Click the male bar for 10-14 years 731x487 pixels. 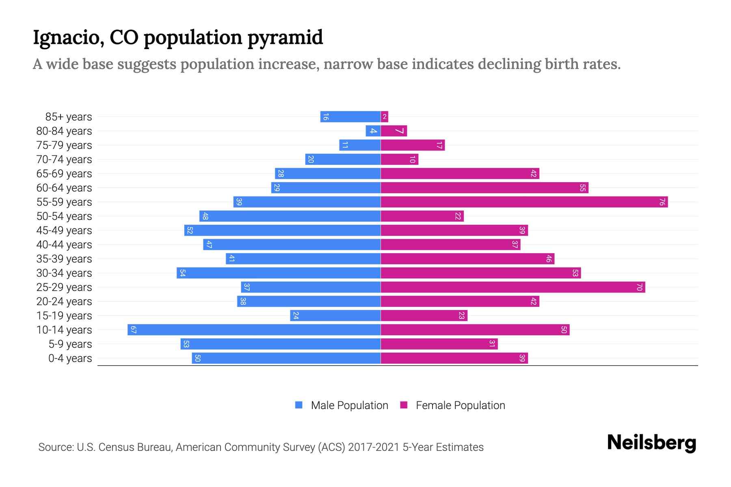coord(254,330)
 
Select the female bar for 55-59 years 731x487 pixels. coord(524,202)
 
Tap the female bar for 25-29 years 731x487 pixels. coord(513,287)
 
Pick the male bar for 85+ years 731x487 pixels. coord(350,116)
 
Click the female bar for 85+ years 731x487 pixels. coord(385,116)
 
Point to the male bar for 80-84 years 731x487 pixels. coord(373,131)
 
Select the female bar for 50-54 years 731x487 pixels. coord(422,216)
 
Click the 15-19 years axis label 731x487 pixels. coord(64,315)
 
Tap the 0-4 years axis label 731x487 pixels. coord(70,358)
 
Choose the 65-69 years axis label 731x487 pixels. coord(64,173)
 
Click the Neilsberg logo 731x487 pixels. coord(651,443)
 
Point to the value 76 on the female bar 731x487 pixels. coord(662,202)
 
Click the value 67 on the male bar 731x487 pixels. coord(133,330)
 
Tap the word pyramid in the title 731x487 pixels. coord(285,38)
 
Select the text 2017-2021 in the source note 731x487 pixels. coord(374,447)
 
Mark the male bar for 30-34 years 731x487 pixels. coord(279,273)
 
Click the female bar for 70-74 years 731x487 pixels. coord(399,159)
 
